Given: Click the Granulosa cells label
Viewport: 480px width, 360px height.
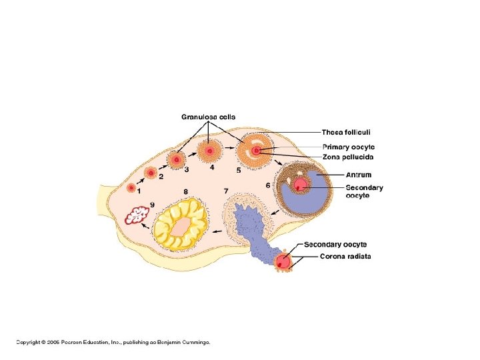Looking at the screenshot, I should pos(208,117).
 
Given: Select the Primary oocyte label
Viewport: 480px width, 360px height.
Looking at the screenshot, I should pos(348,147).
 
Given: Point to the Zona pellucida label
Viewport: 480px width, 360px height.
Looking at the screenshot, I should pos(348,157).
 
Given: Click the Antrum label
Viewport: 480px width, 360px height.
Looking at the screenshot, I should pos(359,175).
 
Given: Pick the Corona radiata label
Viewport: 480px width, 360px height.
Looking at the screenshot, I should pos(345,257).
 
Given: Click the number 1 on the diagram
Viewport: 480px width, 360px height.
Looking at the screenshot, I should pos(139,191).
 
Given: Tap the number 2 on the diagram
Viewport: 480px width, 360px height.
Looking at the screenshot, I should pos(161,176).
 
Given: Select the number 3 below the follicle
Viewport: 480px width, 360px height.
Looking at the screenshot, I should pos(186,170).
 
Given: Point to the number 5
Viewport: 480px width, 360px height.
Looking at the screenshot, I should pos(238,170).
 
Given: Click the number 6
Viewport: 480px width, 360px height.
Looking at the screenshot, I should pos(267,185).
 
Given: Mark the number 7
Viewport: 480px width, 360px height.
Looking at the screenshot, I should pos(226,191).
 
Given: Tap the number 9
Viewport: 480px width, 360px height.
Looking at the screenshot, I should pos(152,204).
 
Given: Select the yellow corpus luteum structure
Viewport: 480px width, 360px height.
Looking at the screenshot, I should pos(180,224).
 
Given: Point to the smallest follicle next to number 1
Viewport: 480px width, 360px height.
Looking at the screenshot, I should pos(131,187).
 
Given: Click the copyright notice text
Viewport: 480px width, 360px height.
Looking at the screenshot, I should pos(113,342).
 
